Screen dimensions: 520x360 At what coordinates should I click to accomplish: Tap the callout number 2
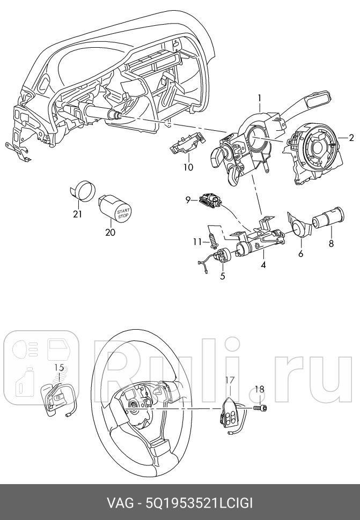coord(351,137)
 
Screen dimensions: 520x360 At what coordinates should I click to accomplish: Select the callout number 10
coord(188,167)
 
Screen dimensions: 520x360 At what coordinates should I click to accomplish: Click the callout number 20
coord(110,233)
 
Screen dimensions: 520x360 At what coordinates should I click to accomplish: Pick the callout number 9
coord(188,200)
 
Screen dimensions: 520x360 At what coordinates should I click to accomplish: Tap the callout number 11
coord(197,242)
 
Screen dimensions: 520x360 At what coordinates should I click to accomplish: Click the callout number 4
coord(263,264)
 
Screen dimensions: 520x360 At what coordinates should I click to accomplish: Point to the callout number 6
coord(300,253)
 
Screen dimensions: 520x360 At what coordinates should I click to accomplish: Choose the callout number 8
coord(331,243)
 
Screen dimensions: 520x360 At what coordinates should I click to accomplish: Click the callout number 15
coord(59,367)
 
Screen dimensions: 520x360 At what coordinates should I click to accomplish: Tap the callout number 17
coord(229,380)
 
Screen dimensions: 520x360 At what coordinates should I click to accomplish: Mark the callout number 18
coord(259,390)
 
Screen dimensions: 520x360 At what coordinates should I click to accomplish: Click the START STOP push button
coord(122,213)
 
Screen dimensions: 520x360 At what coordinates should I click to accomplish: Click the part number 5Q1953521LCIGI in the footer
coord(199,504)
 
